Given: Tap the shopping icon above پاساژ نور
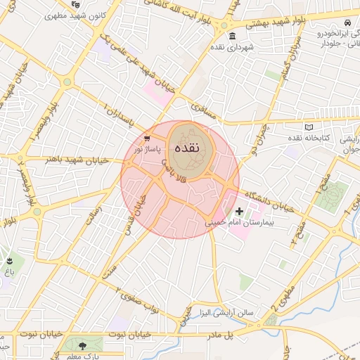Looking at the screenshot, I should (x=146, y=139).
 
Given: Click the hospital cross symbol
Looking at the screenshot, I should (x=239, y=210).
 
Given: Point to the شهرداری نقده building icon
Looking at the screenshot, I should (x=233, y=36).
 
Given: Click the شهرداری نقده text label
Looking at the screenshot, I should (x=231, y=48).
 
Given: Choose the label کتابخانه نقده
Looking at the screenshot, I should (x=307, y=138).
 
